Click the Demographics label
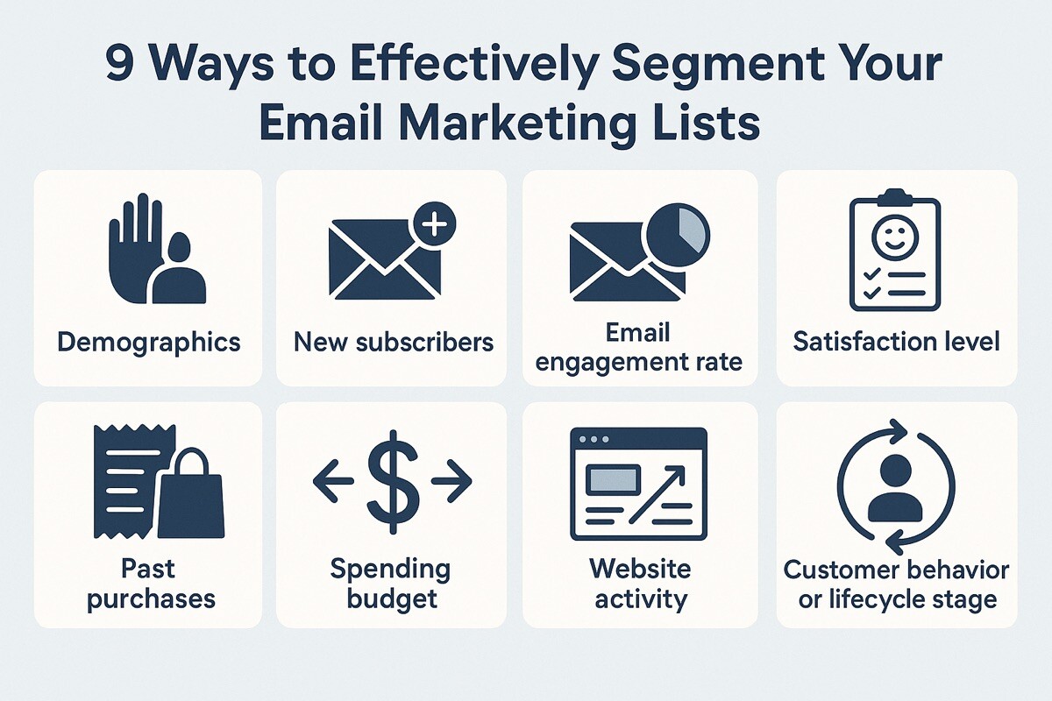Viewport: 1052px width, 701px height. coord(149,343)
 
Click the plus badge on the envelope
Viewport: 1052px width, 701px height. coord(435,224)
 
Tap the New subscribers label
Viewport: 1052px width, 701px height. coord(394,342)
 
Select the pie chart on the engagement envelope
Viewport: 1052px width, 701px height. coord(678,235)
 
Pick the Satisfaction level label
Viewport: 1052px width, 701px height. coord(897,342)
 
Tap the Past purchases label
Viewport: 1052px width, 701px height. coord(151,584)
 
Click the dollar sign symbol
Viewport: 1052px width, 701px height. coord(393,482)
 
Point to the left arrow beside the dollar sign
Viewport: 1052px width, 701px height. coord(333,481)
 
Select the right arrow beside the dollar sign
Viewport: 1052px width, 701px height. coord(451,481)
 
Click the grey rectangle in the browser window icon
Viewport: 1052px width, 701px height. coord(613,480)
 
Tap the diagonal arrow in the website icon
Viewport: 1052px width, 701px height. coord(657,494)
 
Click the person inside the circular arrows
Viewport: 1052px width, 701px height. coord(896,489)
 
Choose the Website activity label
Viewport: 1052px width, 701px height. coord(641,584)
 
